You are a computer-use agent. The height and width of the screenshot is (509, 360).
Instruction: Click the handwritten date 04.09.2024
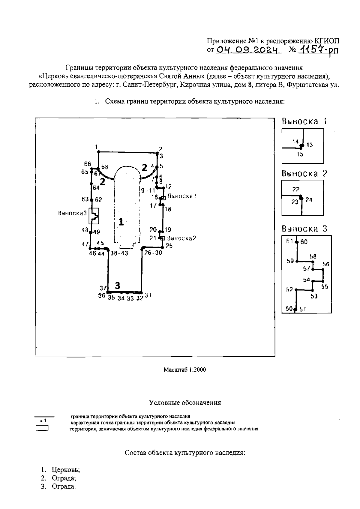[249, 50]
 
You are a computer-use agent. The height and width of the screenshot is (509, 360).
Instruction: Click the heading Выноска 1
[304, 121]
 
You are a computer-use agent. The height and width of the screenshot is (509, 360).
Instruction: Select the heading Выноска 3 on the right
[304, 229]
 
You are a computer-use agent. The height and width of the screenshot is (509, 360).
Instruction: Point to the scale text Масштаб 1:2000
[184, 370]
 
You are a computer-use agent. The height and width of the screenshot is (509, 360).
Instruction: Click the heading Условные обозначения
[185, 403]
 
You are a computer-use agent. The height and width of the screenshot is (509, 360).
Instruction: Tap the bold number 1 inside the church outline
[121, 222]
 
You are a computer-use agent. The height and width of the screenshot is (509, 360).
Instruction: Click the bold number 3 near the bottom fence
[118, 285]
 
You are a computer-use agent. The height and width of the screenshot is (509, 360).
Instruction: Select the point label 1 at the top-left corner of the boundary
[97, 147]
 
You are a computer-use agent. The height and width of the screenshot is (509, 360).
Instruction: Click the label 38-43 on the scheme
[119, 253]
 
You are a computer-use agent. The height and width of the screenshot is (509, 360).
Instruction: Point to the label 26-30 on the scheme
[153, 253]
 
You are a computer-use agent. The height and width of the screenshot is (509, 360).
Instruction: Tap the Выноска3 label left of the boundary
[72, 213]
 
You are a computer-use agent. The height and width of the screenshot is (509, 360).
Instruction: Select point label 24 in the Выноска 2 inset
[309, 200]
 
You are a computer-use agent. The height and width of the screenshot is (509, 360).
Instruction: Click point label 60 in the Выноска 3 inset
[304, 242]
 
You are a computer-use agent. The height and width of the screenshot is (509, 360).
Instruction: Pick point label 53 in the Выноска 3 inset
[314, 296]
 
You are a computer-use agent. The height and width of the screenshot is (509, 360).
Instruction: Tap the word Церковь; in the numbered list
[66, 469]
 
